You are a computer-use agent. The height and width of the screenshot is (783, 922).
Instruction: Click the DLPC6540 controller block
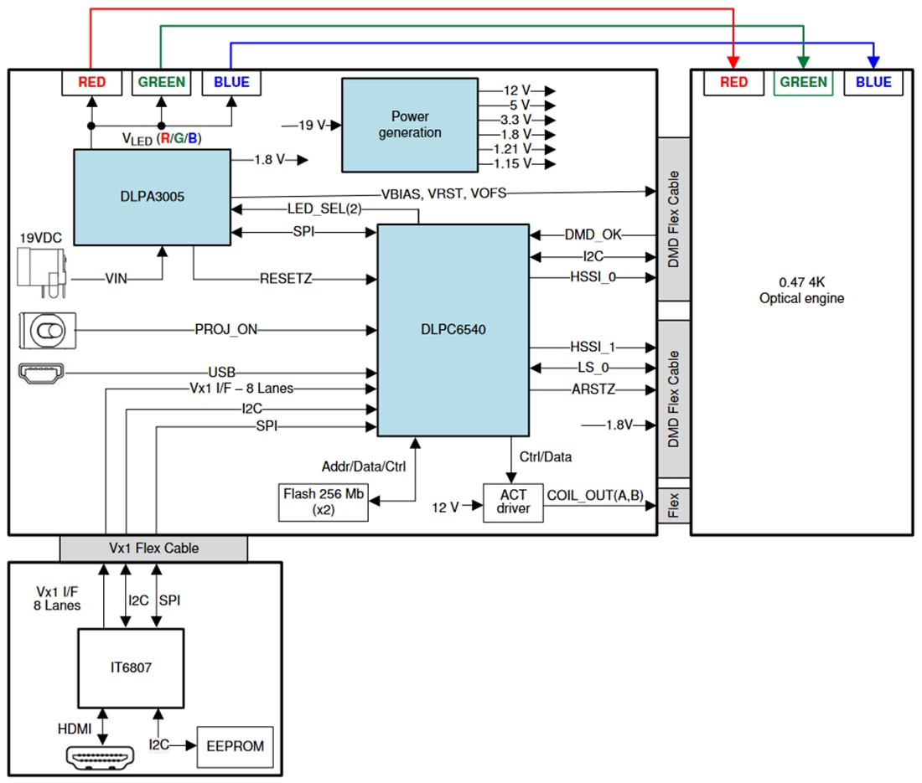pos(453,330)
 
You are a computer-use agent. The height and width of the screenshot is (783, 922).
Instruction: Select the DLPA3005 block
pos(152,198)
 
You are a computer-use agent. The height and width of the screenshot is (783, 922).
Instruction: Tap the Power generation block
pos(409,125)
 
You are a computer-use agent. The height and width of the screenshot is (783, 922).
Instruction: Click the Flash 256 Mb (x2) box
pos(322,501)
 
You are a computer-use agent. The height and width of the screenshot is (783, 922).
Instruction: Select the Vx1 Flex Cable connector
pos(153,548)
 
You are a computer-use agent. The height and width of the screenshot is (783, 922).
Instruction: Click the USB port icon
pos(47,373)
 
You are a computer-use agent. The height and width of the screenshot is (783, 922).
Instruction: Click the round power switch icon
pos(47,332)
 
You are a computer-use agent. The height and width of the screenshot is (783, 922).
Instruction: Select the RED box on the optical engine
pos(733,82)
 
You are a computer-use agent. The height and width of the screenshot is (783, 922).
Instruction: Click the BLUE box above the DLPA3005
pos(231,82)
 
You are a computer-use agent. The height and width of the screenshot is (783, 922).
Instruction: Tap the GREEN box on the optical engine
pos(803,82)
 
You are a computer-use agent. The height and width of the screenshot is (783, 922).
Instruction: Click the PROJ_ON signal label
pos(226,330)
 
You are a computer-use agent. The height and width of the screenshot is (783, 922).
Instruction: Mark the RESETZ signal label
pos(285,279)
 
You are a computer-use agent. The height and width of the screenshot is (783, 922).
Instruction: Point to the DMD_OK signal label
pos(593,235)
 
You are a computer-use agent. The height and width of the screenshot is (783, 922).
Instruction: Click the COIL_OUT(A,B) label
pos(594,496)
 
